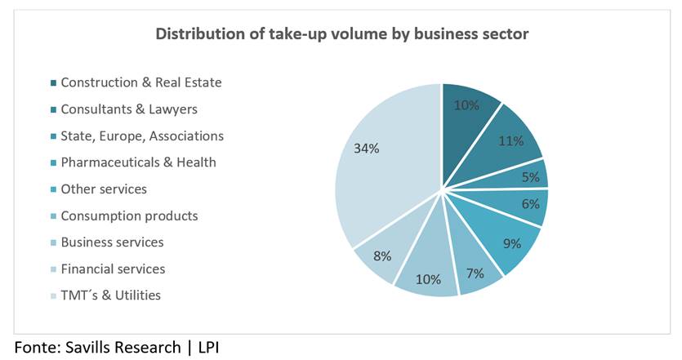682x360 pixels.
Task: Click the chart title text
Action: click(x=341, y=34)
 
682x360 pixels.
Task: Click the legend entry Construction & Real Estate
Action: click(x=141, y=82)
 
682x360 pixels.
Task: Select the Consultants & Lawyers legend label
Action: click(x=129, y=109)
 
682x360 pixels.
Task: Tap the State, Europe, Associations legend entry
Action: click(x=142, y=136)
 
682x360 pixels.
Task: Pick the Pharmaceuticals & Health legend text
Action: click(x=139, y=162)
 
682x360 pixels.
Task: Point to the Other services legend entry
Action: click(x=104, y=189)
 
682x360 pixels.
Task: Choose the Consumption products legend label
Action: click(x=129, y=216)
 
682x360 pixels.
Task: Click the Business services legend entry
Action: click(x=112, y=242)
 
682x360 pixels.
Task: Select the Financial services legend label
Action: click(x=113, y=269)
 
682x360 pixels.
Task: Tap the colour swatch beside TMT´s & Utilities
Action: click(x=53, y=296)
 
